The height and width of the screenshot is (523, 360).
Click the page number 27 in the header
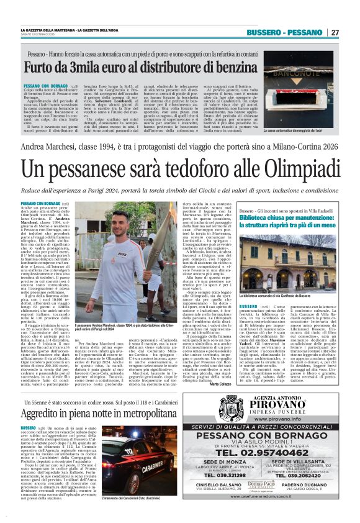pyautogui.click(x=334, y=32)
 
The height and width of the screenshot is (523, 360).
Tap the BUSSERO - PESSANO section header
pyautogui.click(x=284, y=32)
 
